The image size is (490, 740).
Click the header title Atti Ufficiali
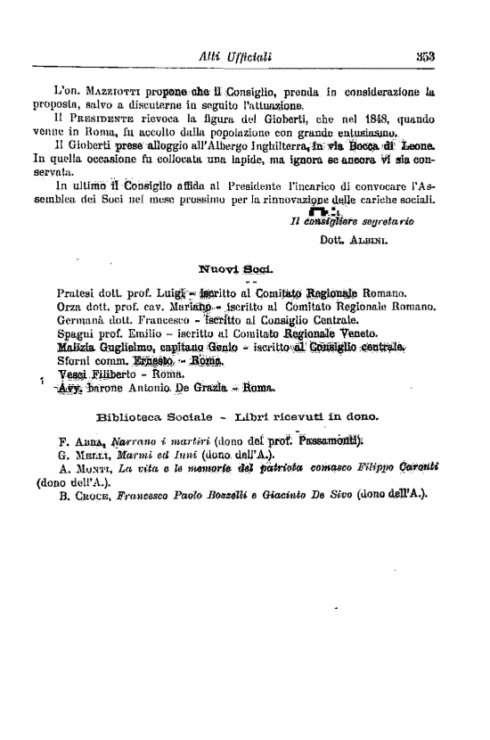tap(235, 58)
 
